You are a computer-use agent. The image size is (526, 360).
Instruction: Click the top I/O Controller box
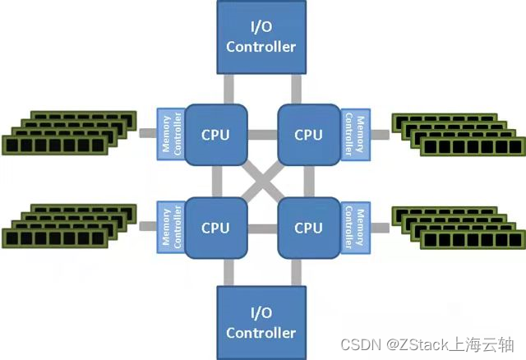[261, 38]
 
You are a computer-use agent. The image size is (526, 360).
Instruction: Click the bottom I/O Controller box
[261, 322]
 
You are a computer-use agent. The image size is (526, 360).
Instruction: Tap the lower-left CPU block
[216, 227]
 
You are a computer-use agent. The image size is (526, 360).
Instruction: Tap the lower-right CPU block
[308, 227]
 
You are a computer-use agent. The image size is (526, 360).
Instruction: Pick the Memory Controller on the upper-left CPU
[168, 132]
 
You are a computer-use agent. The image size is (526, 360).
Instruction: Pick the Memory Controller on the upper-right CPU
[354, 132]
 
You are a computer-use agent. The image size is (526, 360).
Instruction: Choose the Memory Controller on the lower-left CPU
[168, 226]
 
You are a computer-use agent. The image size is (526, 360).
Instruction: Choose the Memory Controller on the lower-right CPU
[354, 226]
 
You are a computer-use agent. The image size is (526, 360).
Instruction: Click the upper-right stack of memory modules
[456, 132]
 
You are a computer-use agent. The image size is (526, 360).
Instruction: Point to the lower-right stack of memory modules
[456, 226]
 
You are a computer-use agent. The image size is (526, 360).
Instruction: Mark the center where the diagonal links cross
[262, 181]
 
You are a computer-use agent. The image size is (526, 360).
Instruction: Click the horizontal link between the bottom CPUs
[262, 227]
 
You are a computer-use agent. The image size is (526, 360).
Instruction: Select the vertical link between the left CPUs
[217, 181]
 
